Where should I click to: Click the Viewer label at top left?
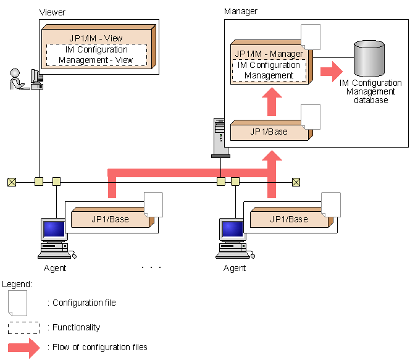click(x=52, y=12)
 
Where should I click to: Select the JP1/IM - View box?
click(x=96, y=38)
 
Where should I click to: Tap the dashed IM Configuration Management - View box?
click(x=96, y=55)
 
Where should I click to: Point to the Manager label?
click(x=241, y=11)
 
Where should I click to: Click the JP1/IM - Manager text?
click(x=269, y=54)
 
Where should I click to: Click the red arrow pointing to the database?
click(x=333, y=71)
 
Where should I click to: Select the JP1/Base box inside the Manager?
click(x=269, y=132)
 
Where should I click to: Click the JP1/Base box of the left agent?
click(x=111, y=219)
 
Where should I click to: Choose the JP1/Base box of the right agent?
click(x=290, y=219)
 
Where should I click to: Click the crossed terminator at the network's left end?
click(x=11, y=182)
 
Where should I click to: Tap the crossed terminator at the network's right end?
click(x=296, y=182)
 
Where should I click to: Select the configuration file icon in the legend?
click(x=18, y=303)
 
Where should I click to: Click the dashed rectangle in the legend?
click(x=24, y=328)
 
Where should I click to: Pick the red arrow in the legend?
click(x=24, y=348)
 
